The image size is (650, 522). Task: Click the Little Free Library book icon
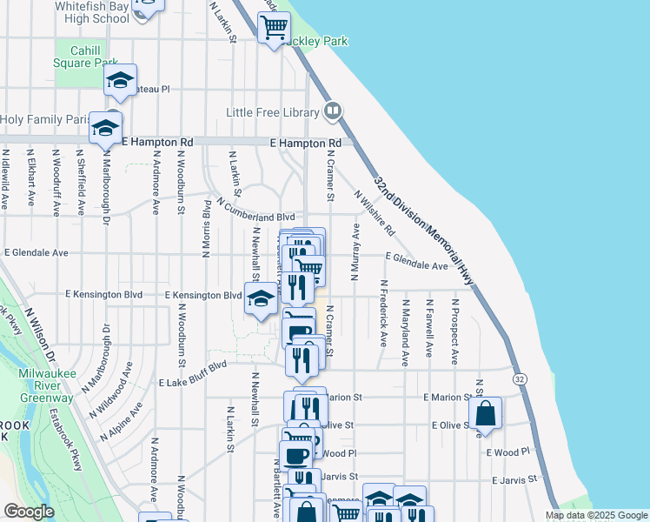point(331,110)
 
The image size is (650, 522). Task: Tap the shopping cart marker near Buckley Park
point(274,28)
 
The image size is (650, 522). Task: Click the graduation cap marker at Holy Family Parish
point(105,128)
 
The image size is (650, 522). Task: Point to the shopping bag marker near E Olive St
point(487,413)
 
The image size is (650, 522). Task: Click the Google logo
point(29,512)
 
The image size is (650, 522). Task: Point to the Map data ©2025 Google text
point(596,515)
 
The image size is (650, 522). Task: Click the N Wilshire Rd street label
point(375,214)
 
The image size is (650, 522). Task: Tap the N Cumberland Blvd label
point(256,210)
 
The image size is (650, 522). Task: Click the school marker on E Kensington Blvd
point(260,299)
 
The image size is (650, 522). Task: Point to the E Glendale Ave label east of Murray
point(417,261)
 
